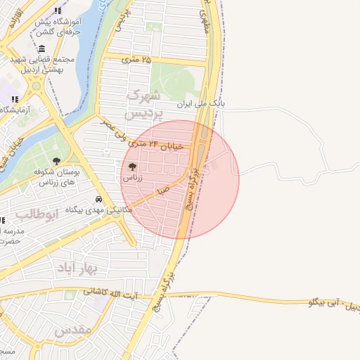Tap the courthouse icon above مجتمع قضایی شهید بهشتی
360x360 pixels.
coord(42,49)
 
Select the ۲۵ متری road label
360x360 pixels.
coord(136,60)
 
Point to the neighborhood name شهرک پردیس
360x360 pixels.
coord(143,103)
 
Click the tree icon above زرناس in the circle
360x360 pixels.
coord(133,167)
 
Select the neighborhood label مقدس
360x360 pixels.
coord(73,329)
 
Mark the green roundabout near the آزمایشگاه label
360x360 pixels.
coord(35,86)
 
